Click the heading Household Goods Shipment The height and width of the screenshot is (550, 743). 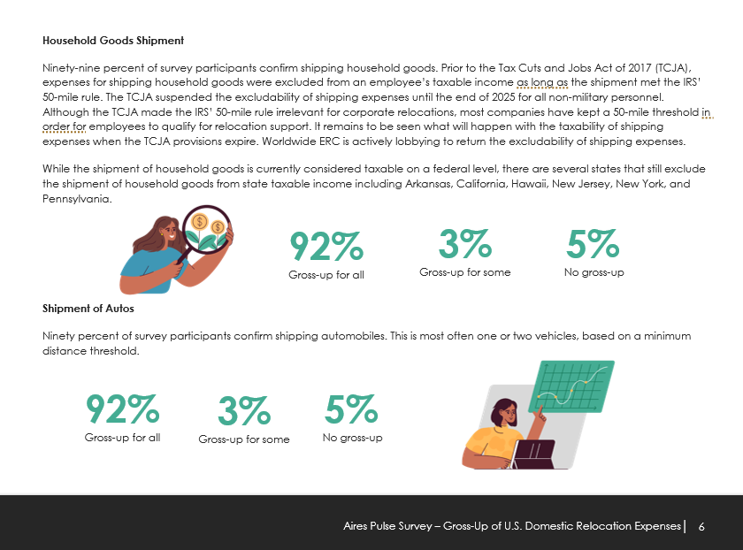click(x=113, y=41)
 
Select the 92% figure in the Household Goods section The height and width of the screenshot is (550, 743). click(x=326, y=247)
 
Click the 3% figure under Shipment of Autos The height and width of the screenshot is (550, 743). click(x=244, y=412)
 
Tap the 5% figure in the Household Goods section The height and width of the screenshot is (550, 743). click(x=594, y=243)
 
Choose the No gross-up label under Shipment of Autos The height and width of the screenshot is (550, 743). click(x=352, y=438)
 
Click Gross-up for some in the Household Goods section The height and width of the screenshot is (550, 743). click(x=464, y=272)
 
